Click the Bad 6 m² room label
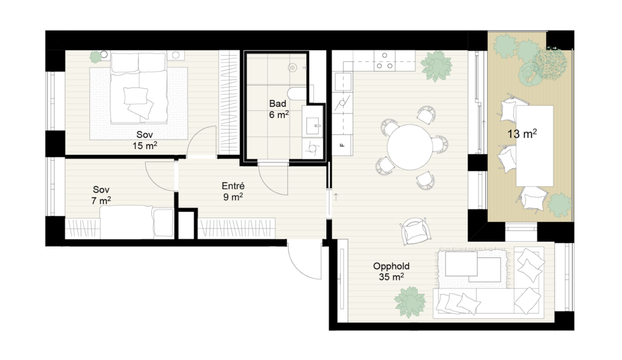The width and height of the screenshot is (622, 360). (x=278, y=109)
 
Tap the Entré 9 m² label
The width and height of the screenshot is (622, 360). (x=233, y=191)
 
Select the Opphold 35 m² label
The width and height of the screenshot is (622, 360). (x=391, y=271)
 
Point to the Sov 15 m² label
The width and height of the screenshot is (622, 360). (x=145, y=140)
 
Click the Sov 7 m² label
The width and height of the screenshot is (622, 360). (x=101, y=195)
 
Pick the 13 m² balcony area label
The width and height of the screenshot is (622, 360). (x=522, y=134)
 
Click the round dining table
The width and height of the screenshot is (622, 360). (x=410, y=147)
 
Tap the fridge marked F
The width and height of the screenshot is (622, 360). (x=343, y=146)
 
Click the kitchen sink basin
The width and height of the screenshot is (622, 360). (x=343, y=81)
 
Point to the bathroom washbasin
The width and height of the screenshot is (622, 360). (x=313, y=126)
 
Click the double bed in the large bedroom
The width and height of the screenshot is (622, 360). (x=138, y=88)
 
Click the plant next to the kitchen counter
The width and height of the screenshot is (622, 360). (x=436, y=66)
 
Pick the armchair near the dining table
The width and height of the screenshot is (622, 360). (x=414, y=231)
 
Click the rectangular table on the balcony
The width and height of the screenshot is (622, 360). (x=535, y=146)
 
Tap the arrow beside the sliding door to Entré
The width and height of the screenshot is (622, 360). (x=336, y=196)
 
